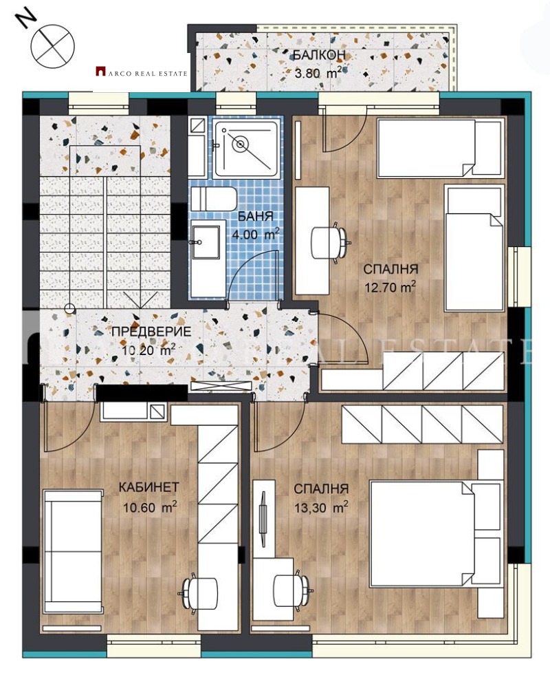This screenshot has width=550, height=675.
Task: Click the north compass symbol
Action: pos(52,45)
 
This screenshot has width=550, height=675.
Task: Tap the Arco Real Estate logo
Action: pos(141,70)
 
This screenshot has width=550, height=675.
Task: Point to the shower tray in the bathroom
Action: pos(245,146)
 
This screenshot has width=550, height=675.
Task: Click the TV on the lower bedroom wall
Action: pos(263,516)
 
